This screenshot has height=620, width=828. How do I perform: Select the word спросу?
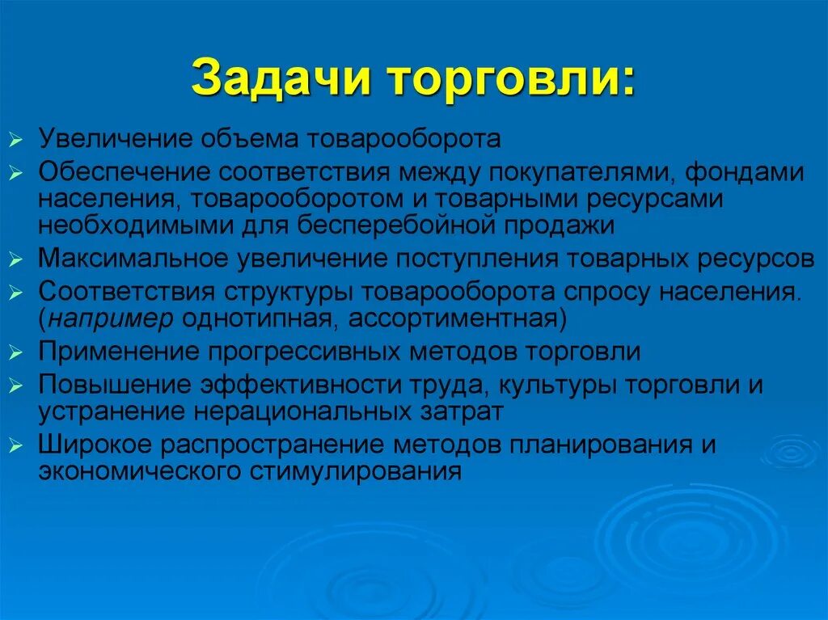(x=612, y=293)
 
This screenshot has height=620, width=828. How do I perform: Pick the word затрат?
(x=466, y=411)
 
